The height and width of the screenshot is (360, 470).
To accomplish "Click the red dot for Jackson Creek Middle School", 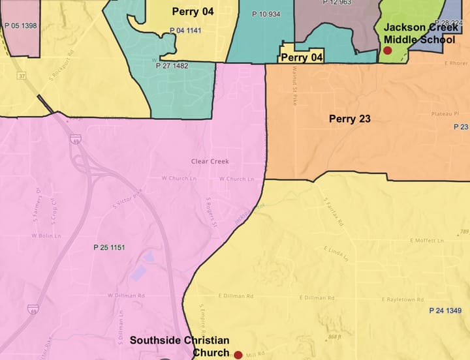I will tap(387, 50).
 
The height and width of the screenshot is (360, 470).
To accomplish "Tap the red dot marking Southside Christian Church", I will tap(238, 355).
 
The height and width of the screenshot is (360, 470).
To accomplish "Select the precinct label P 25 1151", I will tap(109, 247).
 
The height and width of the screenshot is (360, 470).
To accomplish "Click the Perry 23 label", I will tap(351, 119).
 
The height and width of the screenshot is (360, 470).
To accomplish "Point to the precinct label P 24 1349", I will tap(445, 310).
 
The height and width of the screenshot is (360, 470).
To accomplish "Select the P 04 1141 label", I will tap(185, 31).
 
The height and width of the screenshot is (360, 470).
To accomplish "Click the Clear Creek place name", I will tap(210, 161).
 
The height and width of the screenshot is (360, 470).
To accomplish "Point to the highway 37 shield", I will tap(23, 76).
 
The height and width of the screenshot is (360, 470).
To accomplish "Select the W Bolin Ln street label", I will tap(46, 235).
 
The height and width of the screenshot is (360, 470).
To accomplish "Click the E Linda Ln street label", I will tap(336, 253).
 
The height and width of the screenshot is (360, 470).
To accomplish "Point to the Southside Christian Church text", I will tap(179, 346).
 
